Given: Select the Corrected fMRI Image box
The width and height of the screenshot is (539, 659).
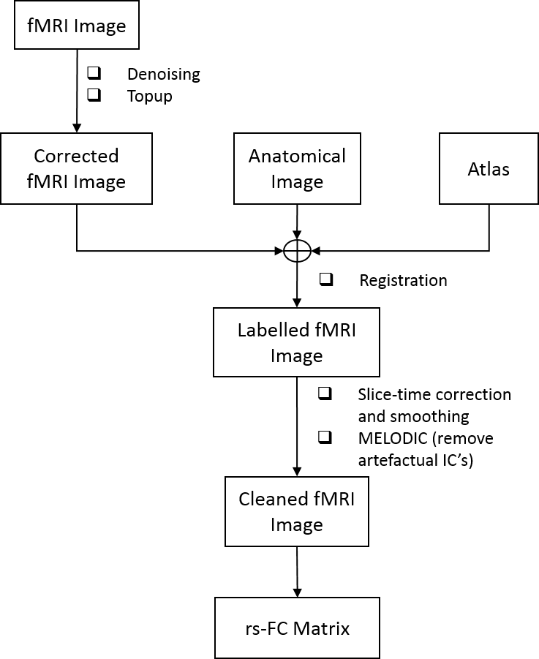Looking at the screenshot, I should click(x=76, y=168).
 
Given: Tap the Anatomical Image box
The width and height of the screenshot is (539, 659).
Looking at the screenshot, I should click(x=297, y=168).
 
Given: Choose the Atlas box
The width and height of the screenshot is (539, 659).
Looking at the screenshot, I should click(x=489, y=169).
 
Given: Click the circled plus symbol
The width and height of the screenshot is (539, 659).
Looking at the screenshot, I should click(x=297, y=252).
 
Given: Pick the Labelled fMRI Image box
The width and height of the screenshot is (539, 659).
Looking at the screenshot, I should click(x=296, y=342).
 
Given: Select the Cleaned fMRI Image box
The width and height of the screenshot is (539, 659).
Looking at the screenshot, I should click(x=296, y=511).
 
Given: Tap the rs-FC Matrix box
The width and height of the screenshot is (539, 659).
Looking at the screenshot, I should click(x=297, y=628).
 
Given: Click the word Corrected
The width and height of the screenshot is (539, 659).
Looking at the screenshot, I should click(x=76, y=156).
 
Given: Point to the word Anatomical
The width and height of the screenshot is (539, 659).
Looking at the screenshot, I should click(x=297, y=156).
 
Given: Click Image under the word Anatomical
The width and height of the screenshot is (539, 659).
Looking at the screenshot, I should click(x=297, y=181).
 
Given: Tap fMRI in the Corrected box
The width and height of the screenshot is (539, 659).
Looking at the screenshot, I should click(x=48, y=181).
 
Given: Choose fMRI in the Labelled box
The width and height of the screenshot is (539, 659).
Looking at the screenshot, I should click(x=336, y=330).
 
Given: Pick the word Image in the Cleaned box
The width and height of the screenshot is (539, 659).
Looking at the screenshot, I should click(x=296, y=524).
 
